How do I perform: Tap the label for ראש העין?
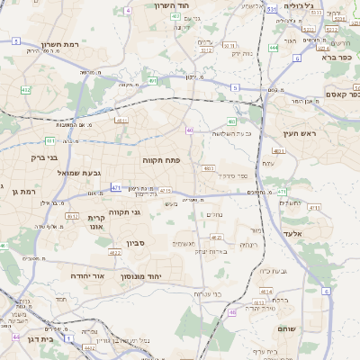click(300, 134)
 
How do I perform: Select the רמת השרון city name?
click(61, 45)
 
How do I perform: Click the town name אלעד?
click(304, 233)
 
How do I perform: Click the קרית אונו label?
click(97, 222)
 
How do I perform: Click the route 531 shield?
click(271, 9)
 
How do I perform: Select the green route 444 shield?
click(273, 48)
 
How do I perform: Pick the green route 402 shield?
click(25, 90)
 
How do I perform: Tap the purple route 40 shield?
click(190, 130)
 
